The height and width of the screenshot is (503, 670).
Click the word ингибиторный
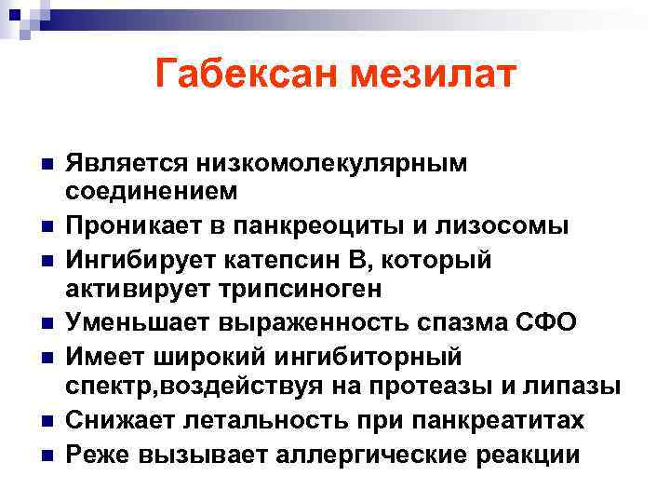[x=371, y=357]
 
